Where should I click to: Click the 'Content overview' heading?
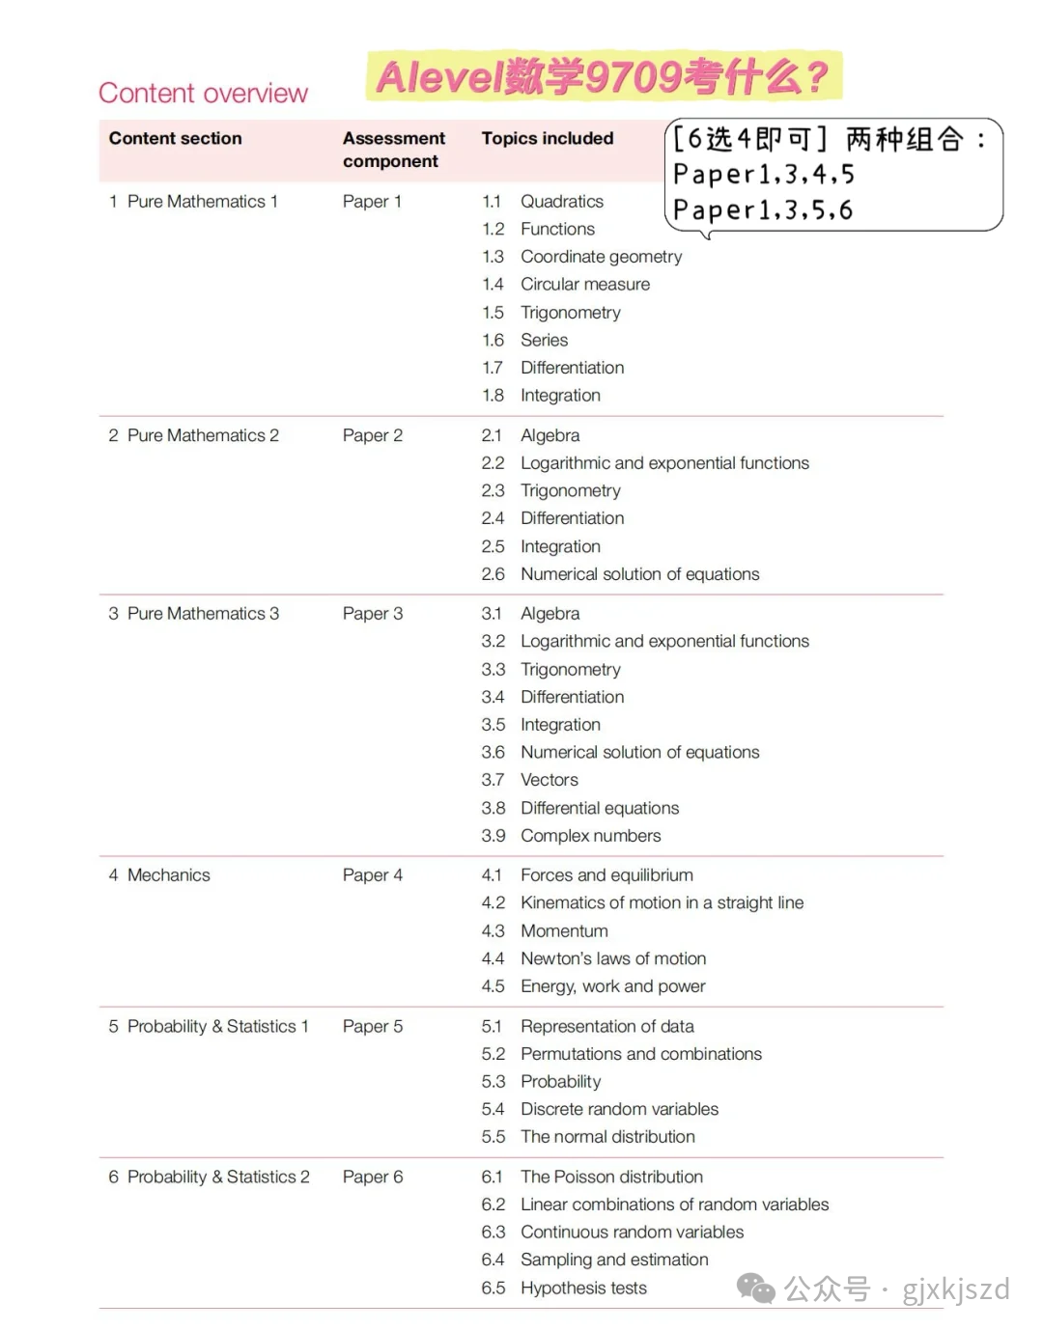[x=203, y=93]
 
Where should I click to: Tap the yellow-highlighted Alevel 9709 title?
[x=603, y=76]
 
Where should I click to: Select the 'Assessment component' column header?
[x=393, y=150]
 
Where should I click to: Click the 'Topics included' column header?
[x=547, y=138]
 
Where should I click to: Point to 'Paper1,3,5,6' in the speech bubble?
[x=763, y=210]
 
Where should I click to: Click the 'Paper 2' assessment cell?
[x=372, y=435]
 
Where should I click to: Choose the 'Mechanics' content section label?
[x=168, y=874]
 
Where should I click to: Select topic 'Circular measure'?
[x=584, y=284]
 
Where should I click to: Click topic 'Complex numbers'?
[x=590, y=836]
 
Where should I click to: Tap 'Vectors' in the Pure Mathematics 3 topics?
[x=549, y=780]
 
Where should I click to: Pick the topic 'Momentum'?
[x=564, y=930]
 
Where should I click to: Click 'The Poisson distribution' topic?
[x=611, y=1177]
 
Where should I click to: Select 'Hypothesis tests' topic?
[x=583, y=1288]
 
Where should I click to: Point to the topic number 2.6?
[x=493, y=574]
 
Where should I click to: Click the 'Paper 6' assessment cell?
[x=372, y=1177]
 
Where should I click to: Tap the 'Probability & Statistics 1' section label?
[x=217, y=1026]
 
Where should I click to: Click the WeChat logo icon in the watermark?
[x=755, y=1288]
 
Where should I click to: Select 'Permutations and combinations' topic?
[x=640, y=1054]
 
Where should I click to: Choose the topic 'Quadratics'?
[x=561, y=201]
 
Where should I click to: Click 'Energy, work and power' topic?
[x=612, y=986]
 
